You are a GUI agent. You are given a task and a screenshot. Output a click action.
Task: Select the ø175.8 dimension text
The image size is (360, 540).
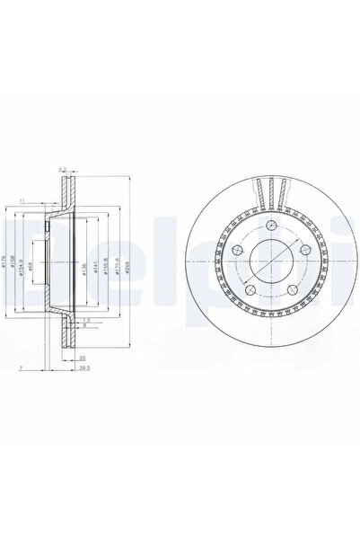pyautogui.click(x=116, y=267)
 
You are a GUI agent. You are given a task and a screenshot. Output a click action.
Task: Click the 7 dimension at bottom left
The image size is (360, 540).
pyautogui.click(x=20, y=367)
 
